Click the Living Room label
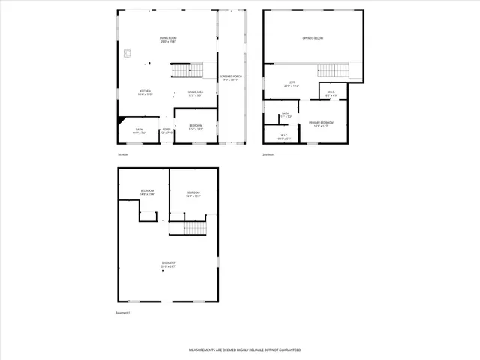(167, 40)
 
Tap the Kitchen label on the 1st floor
(145, 93)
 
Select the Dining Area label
(196, 93)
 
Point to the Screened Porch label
(230, 78)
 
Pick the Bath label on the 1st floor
(139, 131)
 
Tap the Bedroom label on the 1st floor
(195, 127)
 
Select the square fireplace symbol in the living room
(127, 53)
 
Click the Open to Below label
(313, 37)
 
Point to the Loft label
(292, 85)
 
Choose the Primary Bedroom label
(322, 124)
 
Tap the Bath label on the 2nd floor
(286, 115)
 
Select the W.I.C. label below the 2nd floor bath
(284, 137)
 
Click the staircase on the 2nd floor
(334, 70)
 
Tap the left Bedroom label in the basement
(147, 193)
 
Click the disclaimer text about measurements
(239, 350)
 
